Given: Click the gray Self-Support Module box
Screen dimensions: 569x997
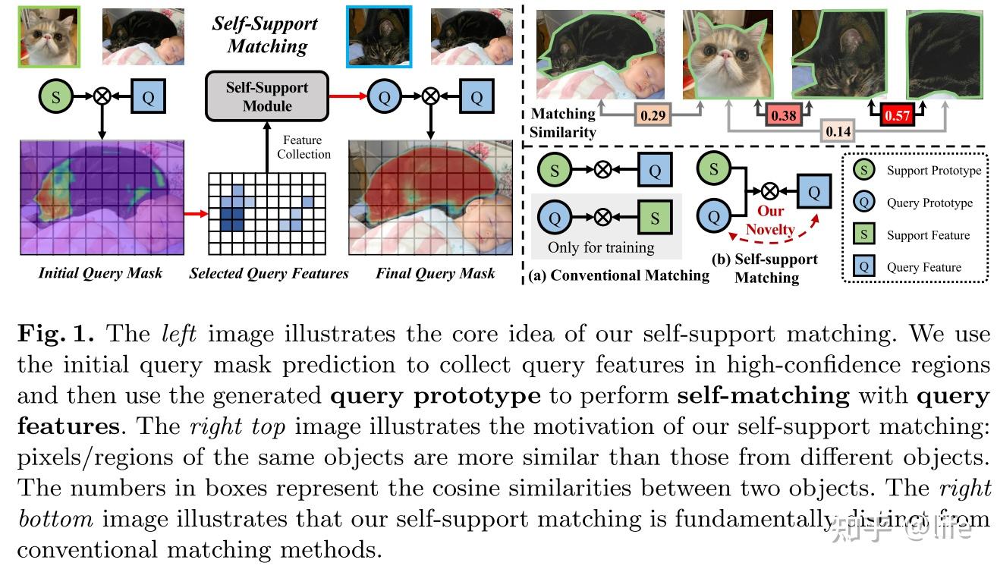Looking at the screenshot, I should point(267,96).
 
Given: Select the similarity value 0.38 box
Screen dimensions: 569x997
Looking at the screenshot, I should point(783,116).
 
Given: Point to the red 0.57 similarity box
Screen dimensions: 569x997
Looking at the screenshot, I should point(897,116).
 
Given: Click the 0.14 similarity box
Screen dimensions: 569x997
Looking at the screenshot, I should point(838,131).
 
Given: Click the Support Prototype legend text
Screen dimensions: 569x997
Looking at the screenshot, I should point(933,171).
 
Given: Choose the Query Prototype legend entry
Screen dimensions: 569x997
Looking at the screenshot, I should point(929,203).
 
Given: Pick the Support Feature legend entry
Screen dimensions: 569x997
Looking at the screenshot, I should point(928,235).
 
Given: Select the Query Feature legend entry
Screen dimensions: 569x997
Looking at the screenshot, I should point(923,267).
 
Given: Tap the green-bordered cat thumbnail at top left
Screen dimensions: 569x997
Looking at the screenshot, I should point(49,36).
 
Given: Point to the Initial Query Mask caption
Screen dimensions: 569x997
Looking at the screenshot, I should point(100,273).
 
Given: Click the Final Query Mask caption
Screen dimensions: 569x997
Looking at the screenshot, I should point(435,273).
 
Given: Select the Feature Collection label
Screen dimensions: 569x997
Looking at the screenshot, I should point(304,147).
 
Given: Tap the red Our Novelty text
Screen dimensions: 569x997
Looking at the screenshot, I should point(769,220).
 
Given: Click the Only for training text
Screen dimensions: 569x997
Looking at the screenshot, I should point(601,247).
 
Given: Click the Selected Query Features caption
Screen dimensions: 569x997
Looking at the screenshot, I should point(269,273).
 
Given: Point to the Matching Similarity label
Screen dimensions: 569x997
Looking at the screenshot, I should point(564,123).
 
